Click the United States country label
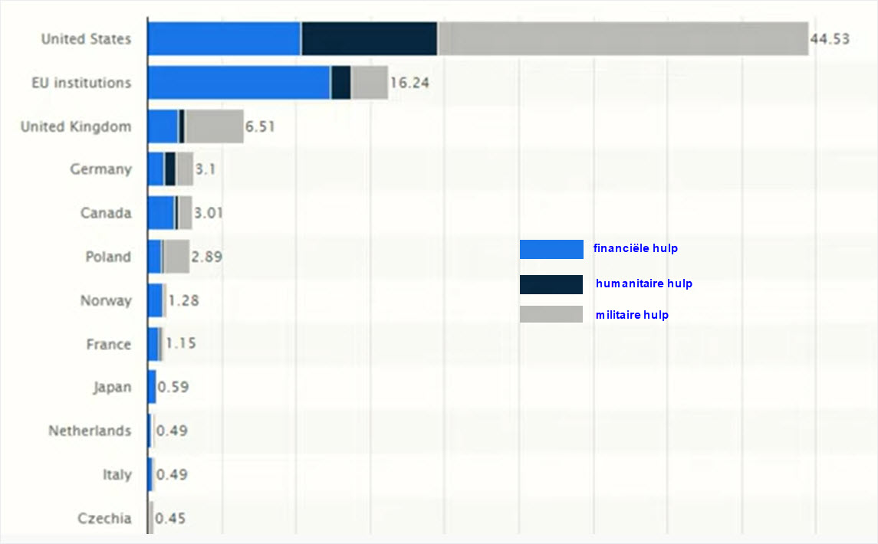tap(86, 39)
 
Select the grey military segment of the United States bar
tap(623, 39)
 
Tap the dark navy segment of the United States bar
tap(369, 39)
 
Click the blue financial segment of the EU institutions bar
tap(238, 82)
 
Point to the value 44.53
tap(830, 39)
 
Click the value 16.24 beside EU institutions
tap(409, 82)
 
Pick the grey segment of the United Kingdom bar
tap(214, 126)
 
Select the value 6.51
tap(259, 126)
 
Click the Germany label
tap(100, 169)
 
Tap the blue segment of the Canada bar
tap(160, 212)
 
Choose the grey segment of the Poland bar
tap(176, 257)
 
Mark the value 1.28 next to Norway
tap(183, 300)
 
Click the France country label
tap(108, 345)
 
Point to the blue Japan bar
tap(152, 387)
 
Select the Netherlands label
tap(90, 431)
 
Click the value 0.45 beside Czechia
tap(170, 519)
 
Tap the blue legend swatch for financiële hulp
tap(551, 249)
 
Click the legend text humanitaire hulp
tap(643, 283)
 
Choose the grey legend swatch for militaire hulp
tap(551, 314)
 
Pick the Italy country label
tap(117, 475)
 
